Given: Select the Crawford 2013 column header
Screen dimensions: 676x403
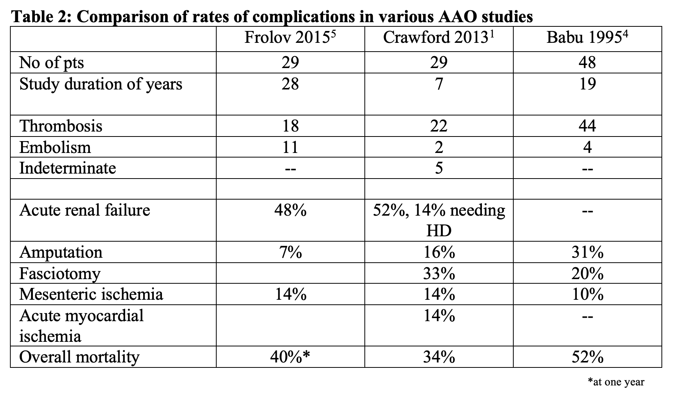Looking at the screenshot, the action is click(x=439, y=38).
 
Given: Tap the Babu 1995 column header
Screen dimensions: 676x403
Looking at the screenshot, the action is click(x=587, y=38).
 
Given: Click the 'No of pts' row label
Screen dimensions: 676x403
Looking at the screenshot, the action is click(x=51, y=63).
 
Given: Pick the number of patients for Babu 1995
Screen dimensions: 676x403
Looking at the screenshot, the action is click(x=587, y=62).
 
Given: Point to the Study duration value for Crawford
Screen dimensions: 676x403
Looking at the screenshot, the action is click(x=439, y=84).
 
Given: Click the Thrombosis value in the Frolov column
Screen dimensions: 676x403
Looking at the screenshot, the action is click(x=290, y=126).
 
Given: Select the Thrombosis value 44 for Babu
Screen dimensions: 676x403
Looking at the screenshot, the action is click(x=587, y=126).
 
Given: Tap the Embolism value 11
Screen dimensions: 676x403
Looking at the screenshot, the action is click(x=290, y=147).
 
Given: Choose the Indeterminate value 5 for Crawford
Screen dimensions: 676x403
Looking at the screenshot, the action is click(x=439, y=168).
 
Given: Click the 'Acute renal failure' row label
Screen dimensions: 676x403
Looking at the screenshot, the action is click(x=85, y=210).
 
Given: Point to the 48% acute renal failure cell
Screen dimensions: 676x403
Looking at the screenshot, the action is click(x=290, y=210).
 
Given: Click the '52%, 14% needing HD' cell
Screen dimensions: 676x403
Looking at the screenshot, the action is click(x=439, y=220).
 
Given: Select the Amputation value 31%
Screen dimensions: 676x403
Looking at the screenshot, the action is click(x=587, y=252).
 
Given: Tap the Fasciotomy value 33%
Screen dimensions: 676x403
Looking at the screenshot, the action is click(x=439, y=273).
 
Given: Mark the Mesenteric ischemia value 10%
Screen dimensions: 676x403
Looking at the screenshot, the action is click(x=587, y=294).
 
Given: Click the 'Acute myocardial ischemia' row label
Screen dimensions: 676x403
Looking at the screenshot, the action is click(x=81, y=326).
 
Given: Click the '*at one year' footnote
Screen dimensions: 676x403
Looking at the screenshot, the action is click(x=616, y=382).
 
